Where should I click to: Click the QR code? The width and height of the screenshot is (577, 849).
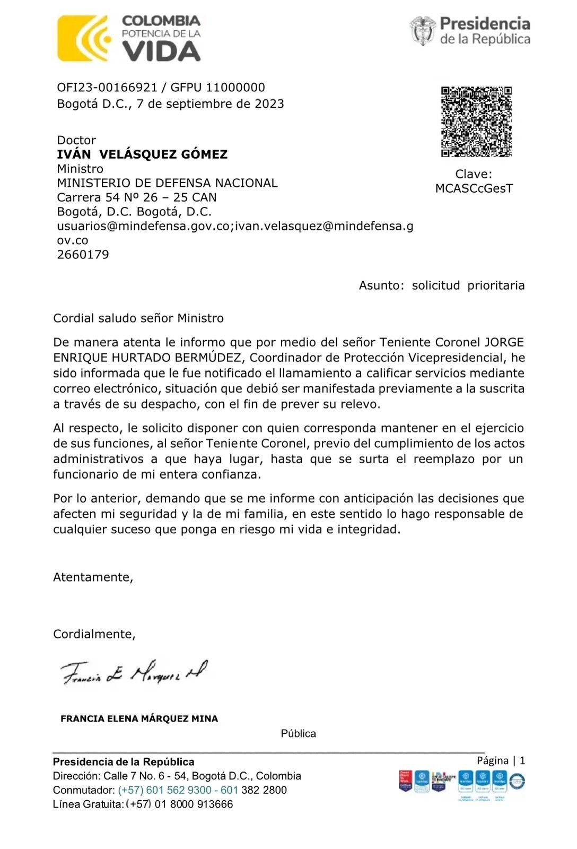coord(476,122)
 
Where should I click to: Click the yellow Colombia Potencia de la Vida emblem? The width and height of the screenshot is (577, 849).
coord(84,38)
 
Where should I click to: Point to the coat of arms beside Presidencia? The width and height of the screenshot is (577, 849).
coord(423,30)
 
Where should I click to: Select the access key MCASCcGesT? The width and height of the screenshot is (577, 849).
coord(474,188)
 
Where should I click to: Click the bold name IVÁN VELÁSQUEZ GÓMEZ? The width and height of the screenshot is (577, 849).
coord(142,154)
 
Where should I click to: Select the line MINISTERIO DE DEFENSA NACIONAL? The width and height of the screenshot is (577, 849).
coord(167,183)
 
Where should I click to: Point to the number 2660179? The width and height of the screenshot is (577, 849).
coord(83,255)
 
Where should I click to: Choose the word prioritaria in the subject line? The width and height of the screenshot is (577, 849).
coord(495,285)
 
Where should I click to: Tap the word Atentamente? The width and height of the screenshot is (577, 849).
coord(93,577)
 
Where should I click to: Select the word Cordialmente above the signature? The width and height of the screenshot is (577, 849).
coord(94,634)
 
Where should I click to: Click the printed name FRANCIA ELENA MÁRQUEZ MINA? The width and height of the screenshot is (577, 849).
coord(139,719)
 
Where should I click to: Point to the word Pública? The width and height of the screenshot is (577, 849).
coord(298,734)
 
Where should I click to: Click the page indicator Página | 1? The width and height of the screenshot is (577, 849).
coord(501,760)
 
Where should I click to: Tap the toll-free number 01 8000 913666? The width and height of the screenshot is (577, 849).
coord(194,804)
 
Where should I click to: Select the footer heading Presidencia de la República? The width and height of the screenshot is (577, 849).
coord(124,762)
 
